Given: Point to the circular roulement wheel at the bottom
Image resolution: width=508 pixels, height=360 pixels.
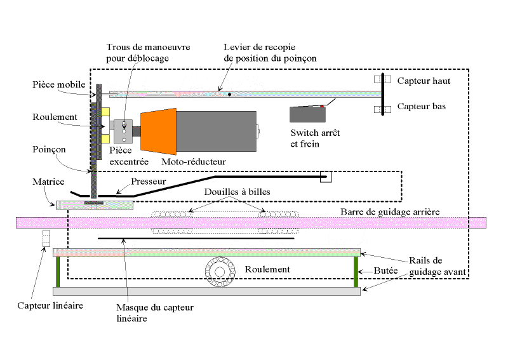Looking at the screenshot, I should tap(220, 270).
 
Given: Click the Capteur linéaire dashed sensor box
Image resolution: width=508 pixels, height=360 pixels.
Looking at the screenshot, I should tap(46, 239).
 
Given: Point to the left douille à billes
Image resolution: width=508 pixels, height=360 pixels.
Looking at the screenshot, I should tap(171, 223).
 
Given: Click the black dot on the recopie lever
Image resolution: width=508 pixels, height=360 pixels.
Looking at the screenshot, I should tap(229, 94).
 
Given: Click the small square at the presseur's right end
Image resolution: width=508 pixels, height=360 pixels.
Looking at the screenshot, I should tap(326, 177).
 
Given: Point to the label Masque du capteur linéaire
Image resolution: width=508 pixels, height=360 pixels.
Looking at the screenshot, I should tap(155, 312).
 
